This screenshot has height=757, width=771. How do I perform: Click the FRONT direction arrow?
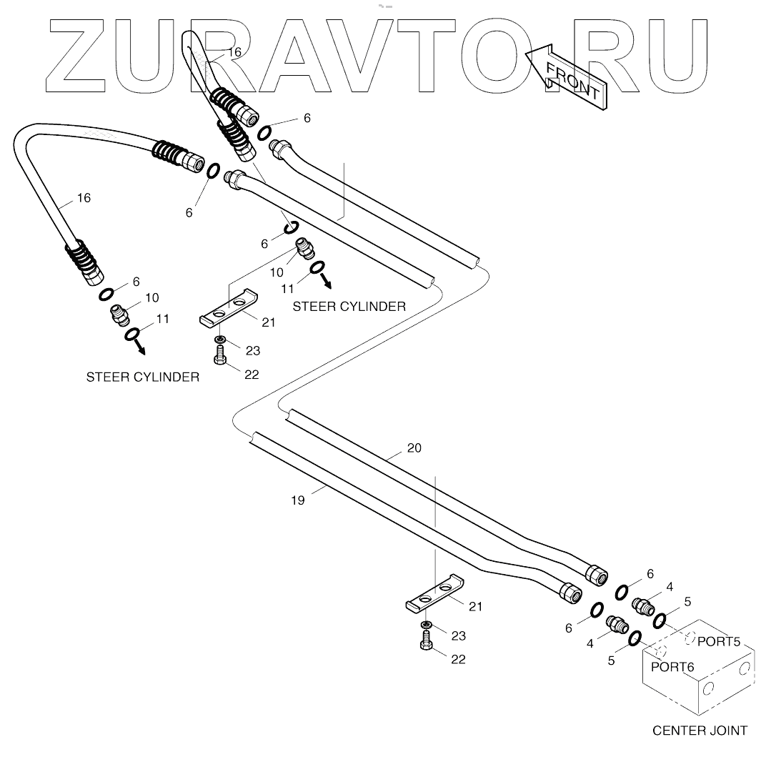[568, 78]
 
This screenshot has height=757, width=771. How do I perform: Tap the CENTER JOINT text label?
[700, 731]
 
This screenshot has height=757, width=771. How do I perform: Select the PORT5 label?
[718, 640]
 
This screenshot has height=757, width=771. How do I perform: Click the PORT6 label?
[672, 666]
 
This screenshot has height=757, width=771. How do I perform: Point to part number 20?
[414, 448]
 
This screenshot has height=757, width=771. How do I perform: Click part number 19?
[298, 500]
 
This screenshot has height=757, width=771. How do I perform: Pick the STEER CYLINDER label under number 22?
[142, 377]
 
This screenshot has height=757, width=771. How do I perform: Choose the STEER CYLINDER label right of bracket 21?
[349, 306]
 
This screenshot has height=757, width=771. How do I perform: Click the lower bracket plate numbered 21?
[432, 595]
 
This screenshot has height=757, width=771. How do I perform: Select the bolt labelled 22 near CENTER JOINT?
[426, 645]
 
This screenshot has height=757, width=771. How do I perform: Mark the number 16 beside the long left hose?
[84, 198]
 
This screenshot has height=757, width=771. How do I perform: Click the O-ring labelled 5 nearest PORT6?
[633, 638]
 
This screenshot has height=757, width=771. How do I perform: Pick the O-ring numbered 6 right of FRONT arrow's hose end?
[264, 132]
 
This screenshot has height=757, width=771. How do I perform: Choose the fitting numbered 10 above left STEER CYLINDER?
[119, 314]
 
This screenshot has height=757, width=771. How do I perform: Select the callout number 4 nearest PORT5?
[669, 587]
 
